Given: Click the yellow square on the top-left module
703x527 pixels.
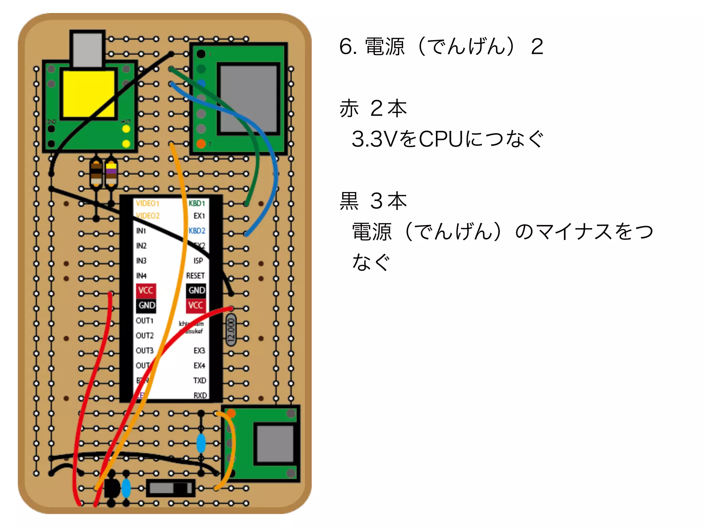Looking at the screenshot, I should click(88, 94).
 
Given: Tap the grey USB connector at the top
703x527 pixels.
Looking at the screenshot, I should click(87, 49).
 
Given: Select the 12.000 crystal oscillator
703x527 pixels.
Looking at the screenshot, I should click(231, 331).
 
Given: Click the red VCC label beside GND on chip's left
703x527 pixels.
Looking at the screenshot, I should click(146, 290).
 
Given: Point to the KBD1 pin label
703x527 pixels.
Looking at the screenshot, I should click(197, 203).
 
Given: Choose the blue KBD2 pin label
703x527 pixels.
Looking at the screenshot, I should click(197, 231).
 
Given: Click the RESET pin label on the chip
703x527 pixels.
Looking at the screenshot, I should click(195, 276).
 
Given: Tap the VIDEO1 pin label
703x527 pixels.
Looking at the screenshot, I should click(148, 203).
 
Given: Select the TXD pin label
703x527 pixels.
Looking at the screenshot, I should click(199, 380).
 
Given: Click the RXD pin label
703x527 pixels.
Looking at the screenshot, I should click(200, 396).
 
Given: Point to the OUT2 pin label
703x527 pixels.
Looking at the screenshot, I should click(145, 336).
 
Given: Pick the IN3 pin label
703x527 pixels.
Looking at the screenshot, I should click(141, 261).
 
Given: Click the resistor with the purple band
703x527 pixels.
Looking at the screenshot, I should click(111, 173).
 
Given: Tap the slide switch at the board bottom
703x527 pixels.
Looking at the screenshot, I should click(171, 488).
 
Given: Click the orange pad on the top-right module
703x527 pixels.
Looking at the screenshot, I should click(201, 144).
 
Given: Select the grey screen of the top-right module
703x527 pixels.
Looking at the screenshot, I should click(249, 98).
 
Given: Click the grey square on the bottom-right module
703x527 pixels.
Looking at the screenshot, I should click(275, 444).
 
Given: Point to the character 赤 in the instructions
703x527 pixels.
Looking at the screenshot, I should click(349, 108).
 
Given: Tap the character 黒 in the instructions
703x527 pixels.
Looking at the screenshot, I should click(349, 201).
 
